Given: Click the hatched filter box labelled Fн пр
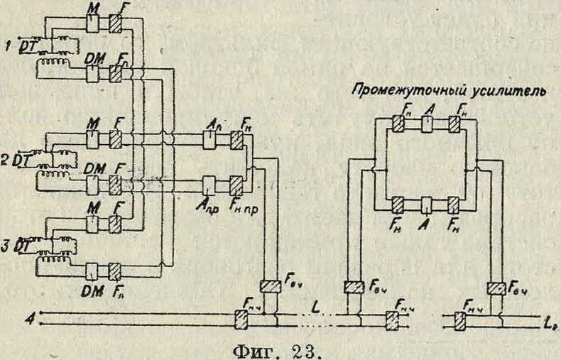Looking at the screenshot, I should [x=236, y=185].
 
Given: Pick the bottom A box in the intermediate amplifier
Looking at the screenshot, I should [x=426, y=206].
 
